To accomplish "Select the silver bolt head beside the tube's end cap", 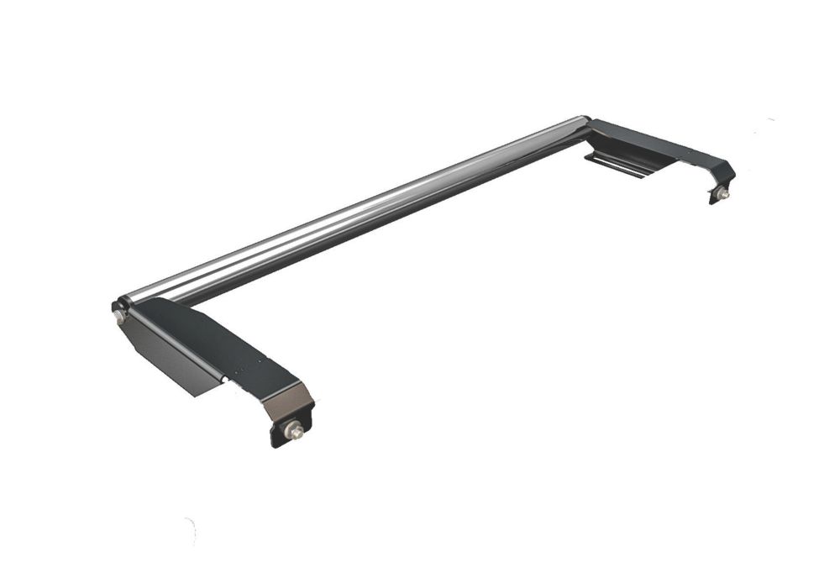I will tap(118, 317).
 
